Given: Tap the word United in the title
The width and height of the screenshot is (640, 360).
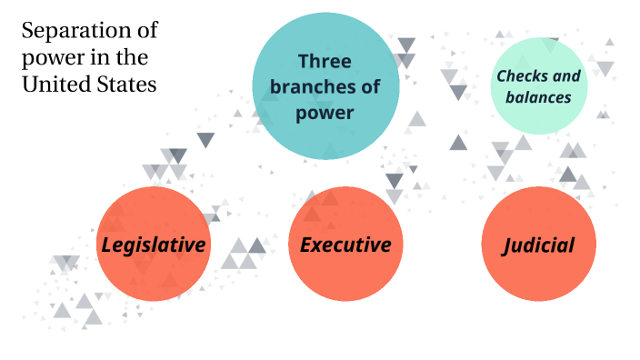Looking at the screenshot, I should (54, 85).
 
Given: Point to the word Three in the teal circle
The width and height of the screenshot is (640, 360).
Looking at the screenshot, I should (325, 61).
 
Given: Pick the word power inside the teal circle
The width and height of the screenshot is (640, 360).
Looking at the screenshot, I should (325, 113).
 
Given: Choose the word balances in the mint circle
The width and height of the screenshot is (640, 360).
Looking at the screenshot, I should (540, 95).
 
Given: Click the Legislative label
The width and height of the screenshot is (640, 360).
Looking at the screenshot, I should (153, 245).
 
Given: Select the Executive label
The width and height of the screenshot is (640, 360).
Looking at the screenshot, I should (345, 245).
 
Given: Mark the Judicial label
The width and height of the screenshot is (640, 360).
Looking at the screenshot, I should (538, 245).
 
